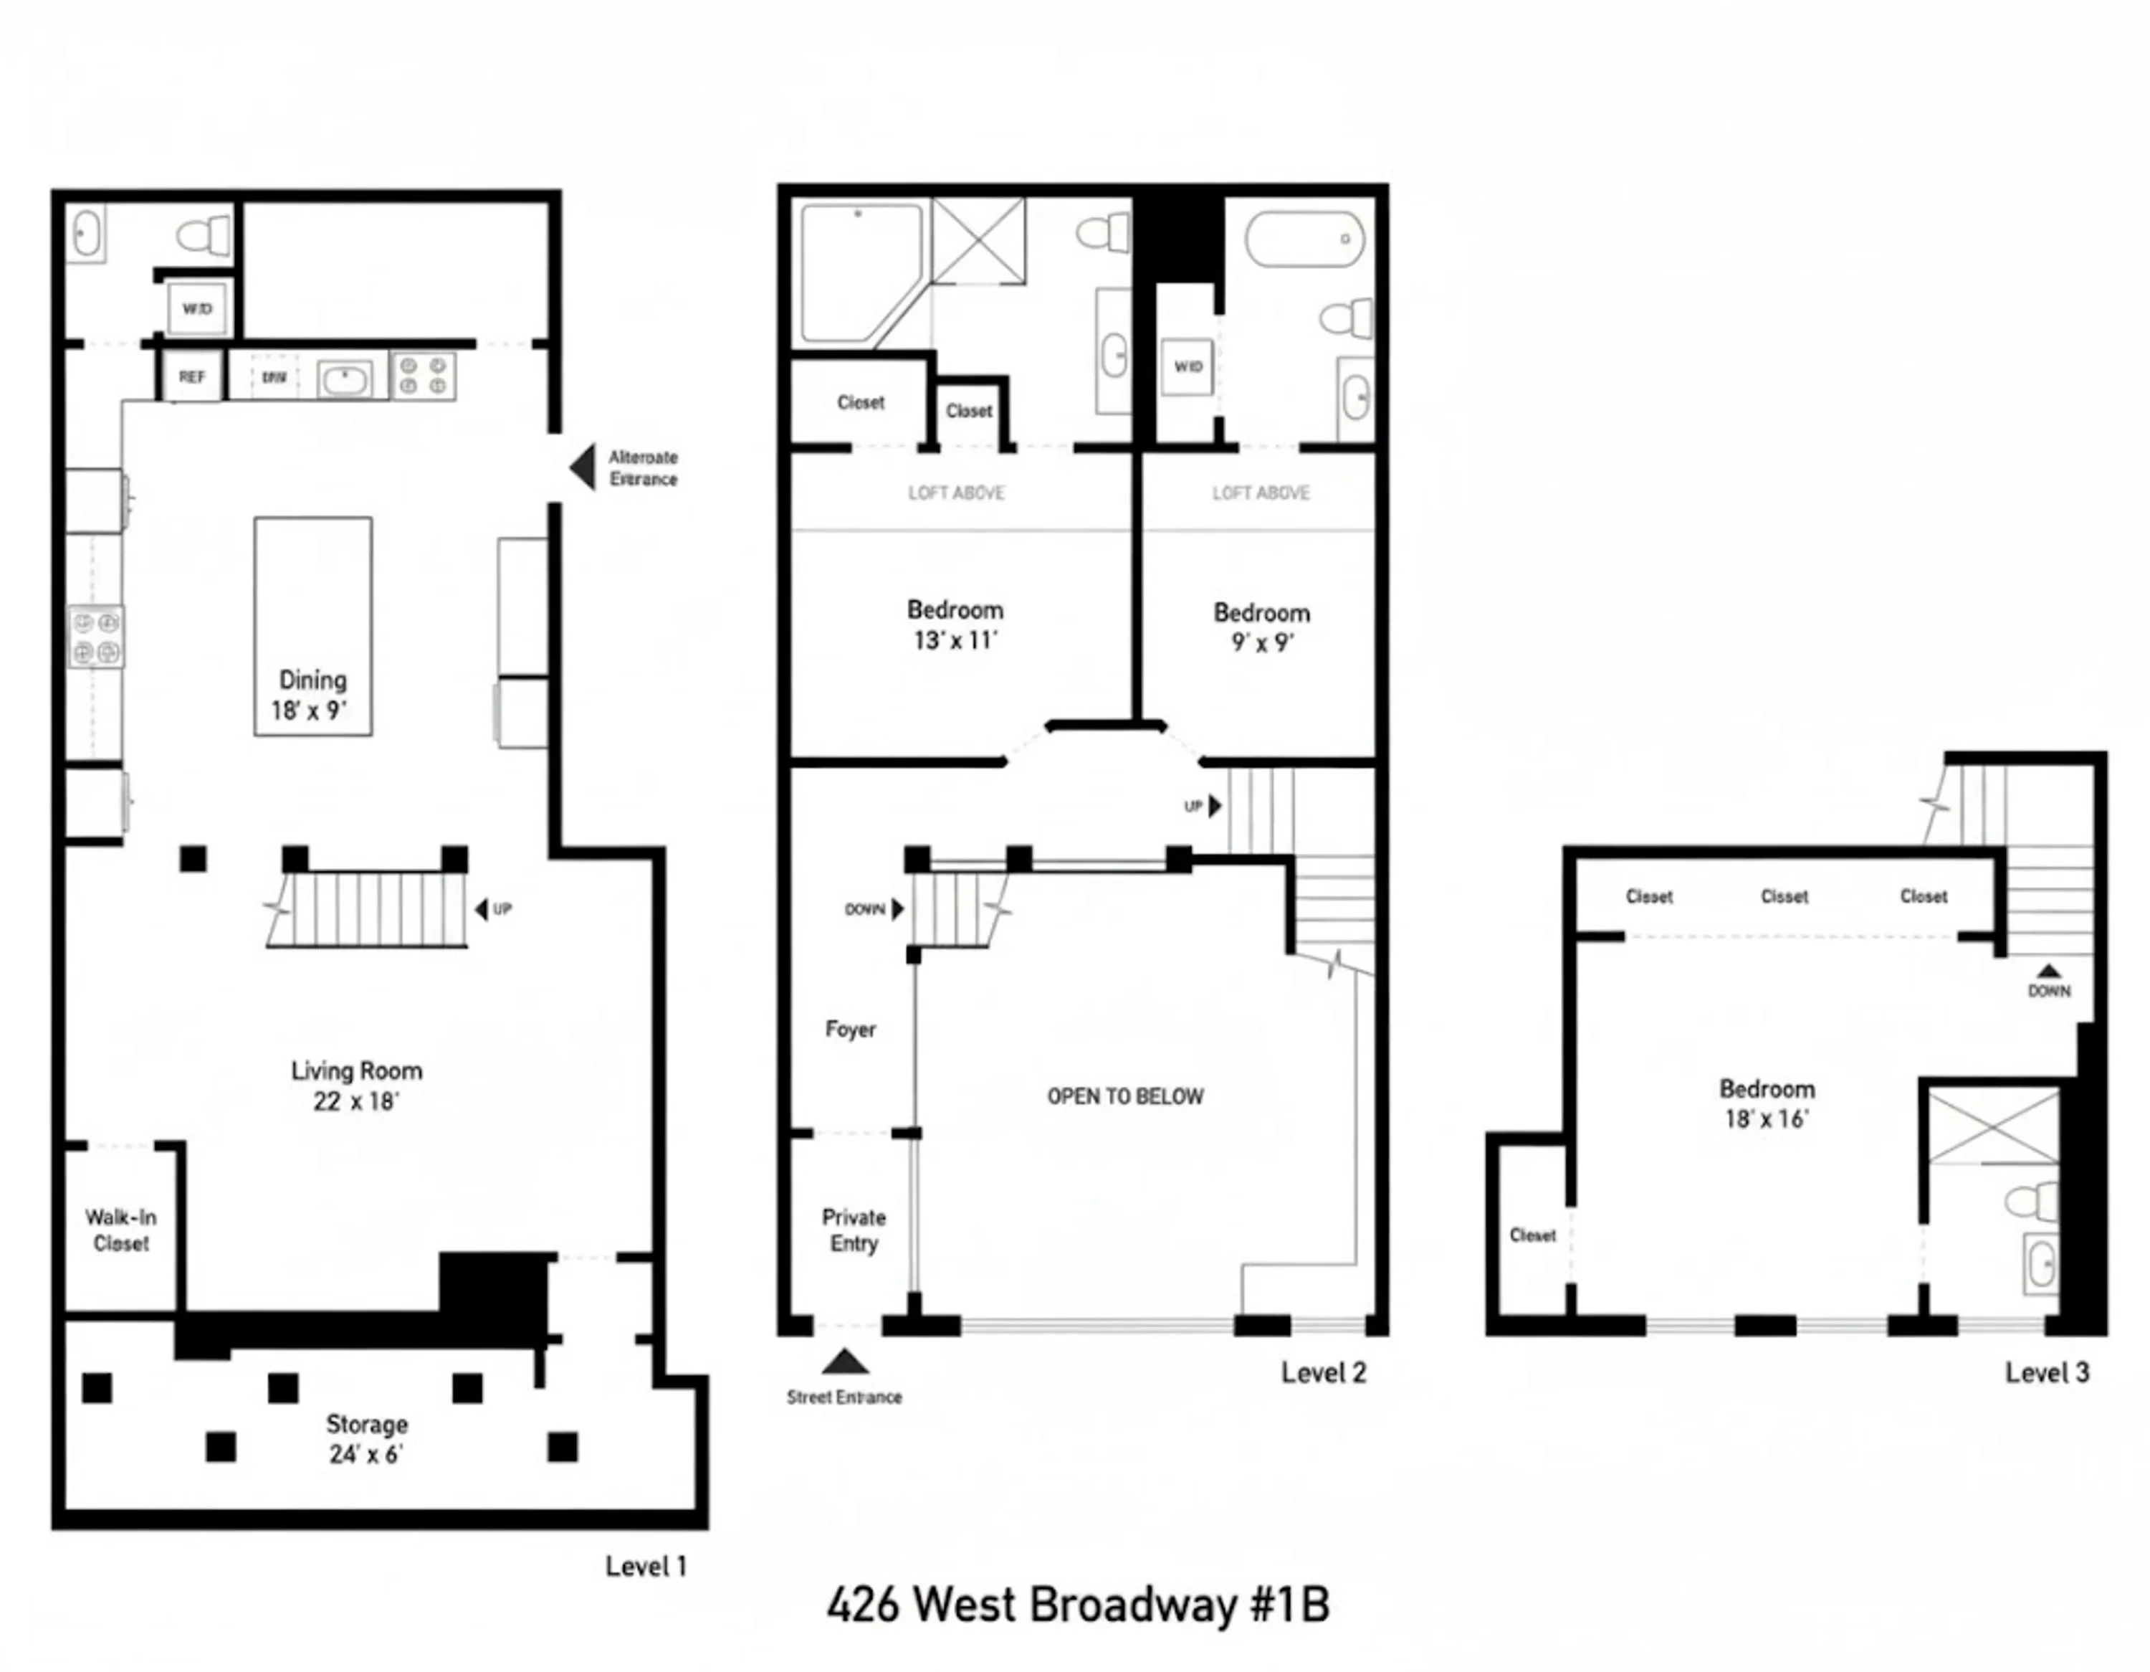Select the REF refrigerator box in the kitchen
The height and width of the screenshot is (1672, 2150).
192,377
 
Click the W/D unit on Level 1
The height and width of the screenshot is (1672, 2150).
197,309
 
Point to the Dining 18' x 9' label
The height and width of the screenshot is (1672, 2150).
312,694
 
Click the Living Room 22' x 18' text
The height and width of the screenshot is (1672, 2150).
356,1085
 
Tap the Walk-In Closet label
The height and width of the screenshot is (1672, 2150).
120,1230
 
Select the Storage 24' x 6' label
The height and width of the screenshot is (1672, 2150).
366,1439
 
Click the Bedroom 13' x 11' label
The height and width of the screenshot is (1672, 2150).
955,624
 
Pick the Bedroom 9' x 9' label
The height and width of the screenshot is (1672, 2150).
1261,627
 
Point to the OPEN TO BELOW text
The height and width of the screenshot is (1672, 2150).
1124,1096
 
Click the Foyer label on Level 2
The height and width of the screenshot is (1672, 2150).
849,1029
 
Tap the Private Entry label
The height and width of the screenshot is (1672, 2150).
854,1230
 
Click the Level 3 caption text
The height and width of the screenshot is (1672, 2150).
2047,1372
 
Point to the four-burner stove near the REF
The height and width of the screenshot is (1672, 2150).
424,376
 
